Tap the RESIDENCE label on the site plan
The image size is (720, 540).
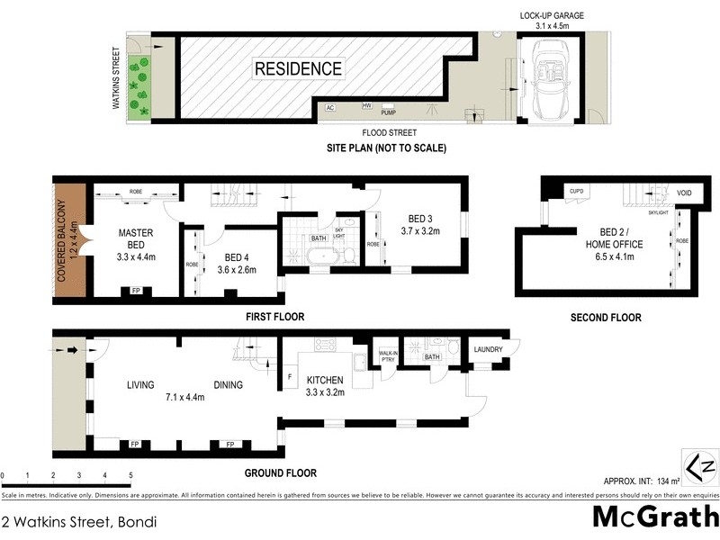(298, 68)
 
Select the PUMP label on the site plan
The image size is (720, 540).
(389, 112)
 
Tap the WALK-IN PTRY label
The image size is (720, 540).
(388, 355)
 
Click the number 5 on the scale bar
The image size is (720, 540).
(130, 475)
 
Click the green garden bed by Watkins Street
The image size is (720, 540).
(139, 87)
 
